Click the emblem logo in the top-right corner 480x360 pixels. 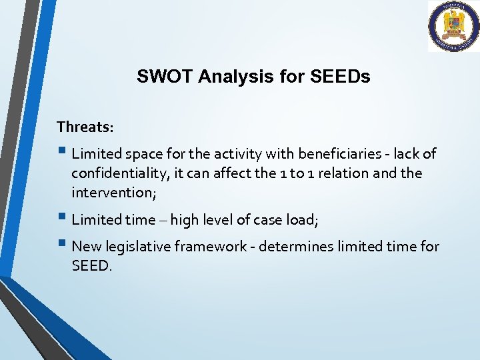tap(453, 27)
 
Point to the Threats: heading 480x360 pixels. tap(85, 126)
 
